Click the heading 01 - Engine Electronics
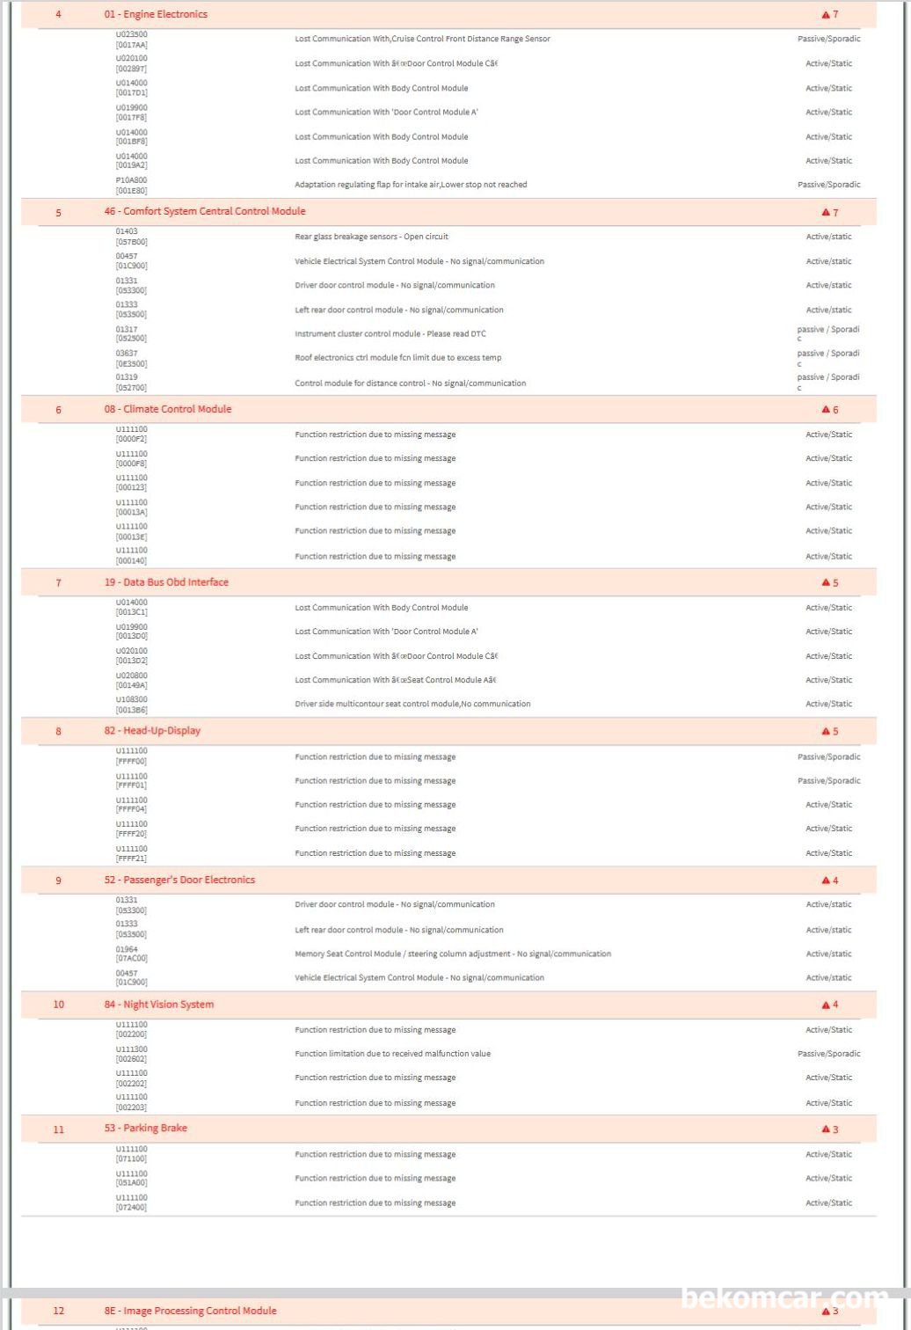156,14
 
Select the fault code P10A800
131,180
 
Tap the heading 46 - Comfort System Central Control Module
205,211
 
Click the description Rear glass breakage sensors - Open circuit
371,237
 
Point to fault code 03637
127,354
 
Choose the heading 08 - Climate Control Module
168,409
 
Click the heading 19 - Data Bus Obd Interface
166,582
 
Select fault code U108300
131,699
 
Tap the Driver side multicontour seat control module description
412,704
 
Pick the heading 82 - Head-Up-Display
152,731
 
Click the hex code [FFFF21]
131,858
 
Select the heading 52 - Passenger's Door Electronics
179,880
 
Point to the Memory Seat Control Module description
453,954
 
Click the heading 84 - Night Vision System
159,1005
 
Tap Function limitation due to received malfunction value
392,1054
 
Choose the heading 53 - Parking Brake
146,1129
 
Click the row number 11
59,1129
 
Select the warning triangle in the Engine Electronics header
826,15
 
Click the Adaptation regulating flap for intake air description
411,185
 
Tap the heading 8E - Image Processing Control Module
191,1311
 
